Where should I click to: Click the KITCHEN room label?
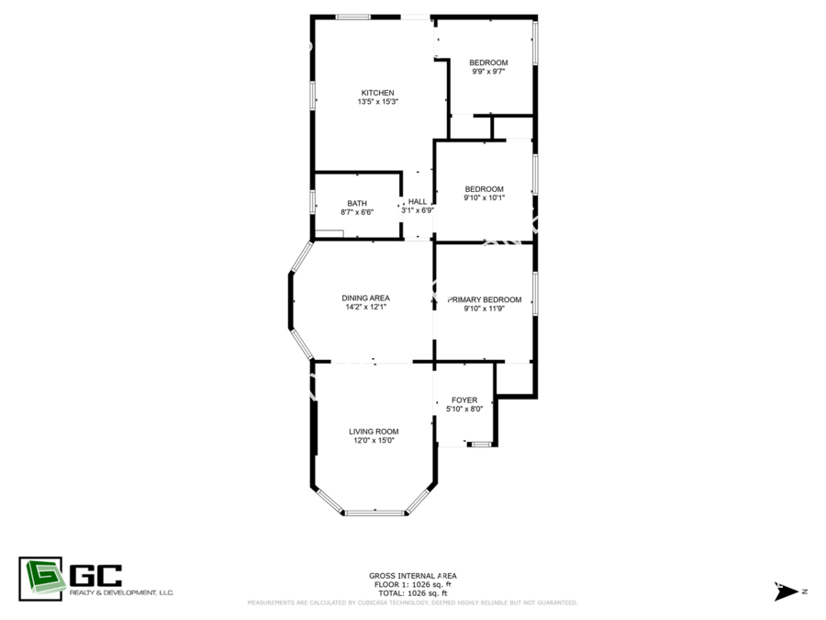(377, 93)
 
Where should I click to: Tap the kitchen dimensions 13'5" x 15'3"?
(378, 102)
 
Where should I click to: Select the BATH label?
(357, 204)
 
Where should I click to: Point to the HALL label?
(418, 201)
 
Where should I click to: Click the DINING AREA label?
(365, 298)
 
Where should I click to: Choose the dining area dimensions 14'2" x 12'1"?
(365, 307)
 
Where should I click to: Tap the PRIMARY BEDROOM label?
(485, 299)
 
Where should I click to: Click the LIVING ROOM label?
(374, 432)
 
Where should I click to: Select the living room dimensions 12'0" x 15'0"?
(374, 440)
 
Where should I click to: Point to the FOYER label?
(464, 400)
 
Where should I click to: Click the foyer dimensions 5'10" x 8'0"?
(464, 409)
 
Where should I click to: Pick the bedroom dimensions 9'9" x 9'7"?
(488, 72)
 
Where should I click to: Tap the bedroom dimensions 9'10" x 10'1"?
(484, 198)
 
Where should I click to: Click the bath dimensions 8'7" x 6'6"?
(357, 212)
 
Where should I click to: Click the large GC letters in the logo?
(95, 575)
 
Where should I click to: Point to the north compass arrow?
(786, 592)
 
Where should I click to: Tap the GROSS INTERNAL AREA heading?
(412, 576)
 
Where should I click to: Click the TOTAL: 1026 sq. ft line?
(412, 593)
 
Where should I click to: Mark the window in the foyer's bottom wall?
(482, 445)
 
